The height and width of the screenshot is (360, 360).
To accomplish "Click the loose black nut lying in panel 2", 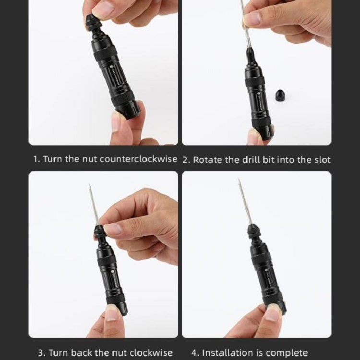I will tap(281, 95).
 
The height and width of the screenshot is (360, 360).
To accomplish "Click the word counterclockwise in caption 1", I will tap(145, 159).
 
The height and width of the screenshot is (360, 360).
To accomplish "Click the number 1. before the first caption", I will tap(36, 159).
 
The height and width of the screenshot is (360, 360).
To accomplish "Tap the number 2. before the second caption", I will tap(186, 159).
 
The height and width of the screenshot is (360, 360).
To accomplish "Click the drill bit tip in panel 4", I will tap(239, 181).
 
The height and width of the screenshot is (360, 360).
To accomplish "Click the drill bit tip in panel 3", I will tap(89, 186).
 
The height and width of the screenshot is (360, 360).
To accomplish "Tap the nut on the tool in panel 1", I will tap(92, 24).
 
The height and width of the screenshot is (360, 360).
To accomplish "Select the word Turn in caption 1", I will tap(53, 159).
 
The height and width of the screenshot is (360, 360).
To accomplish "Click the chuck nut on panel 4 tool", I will tap(253, 232).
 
